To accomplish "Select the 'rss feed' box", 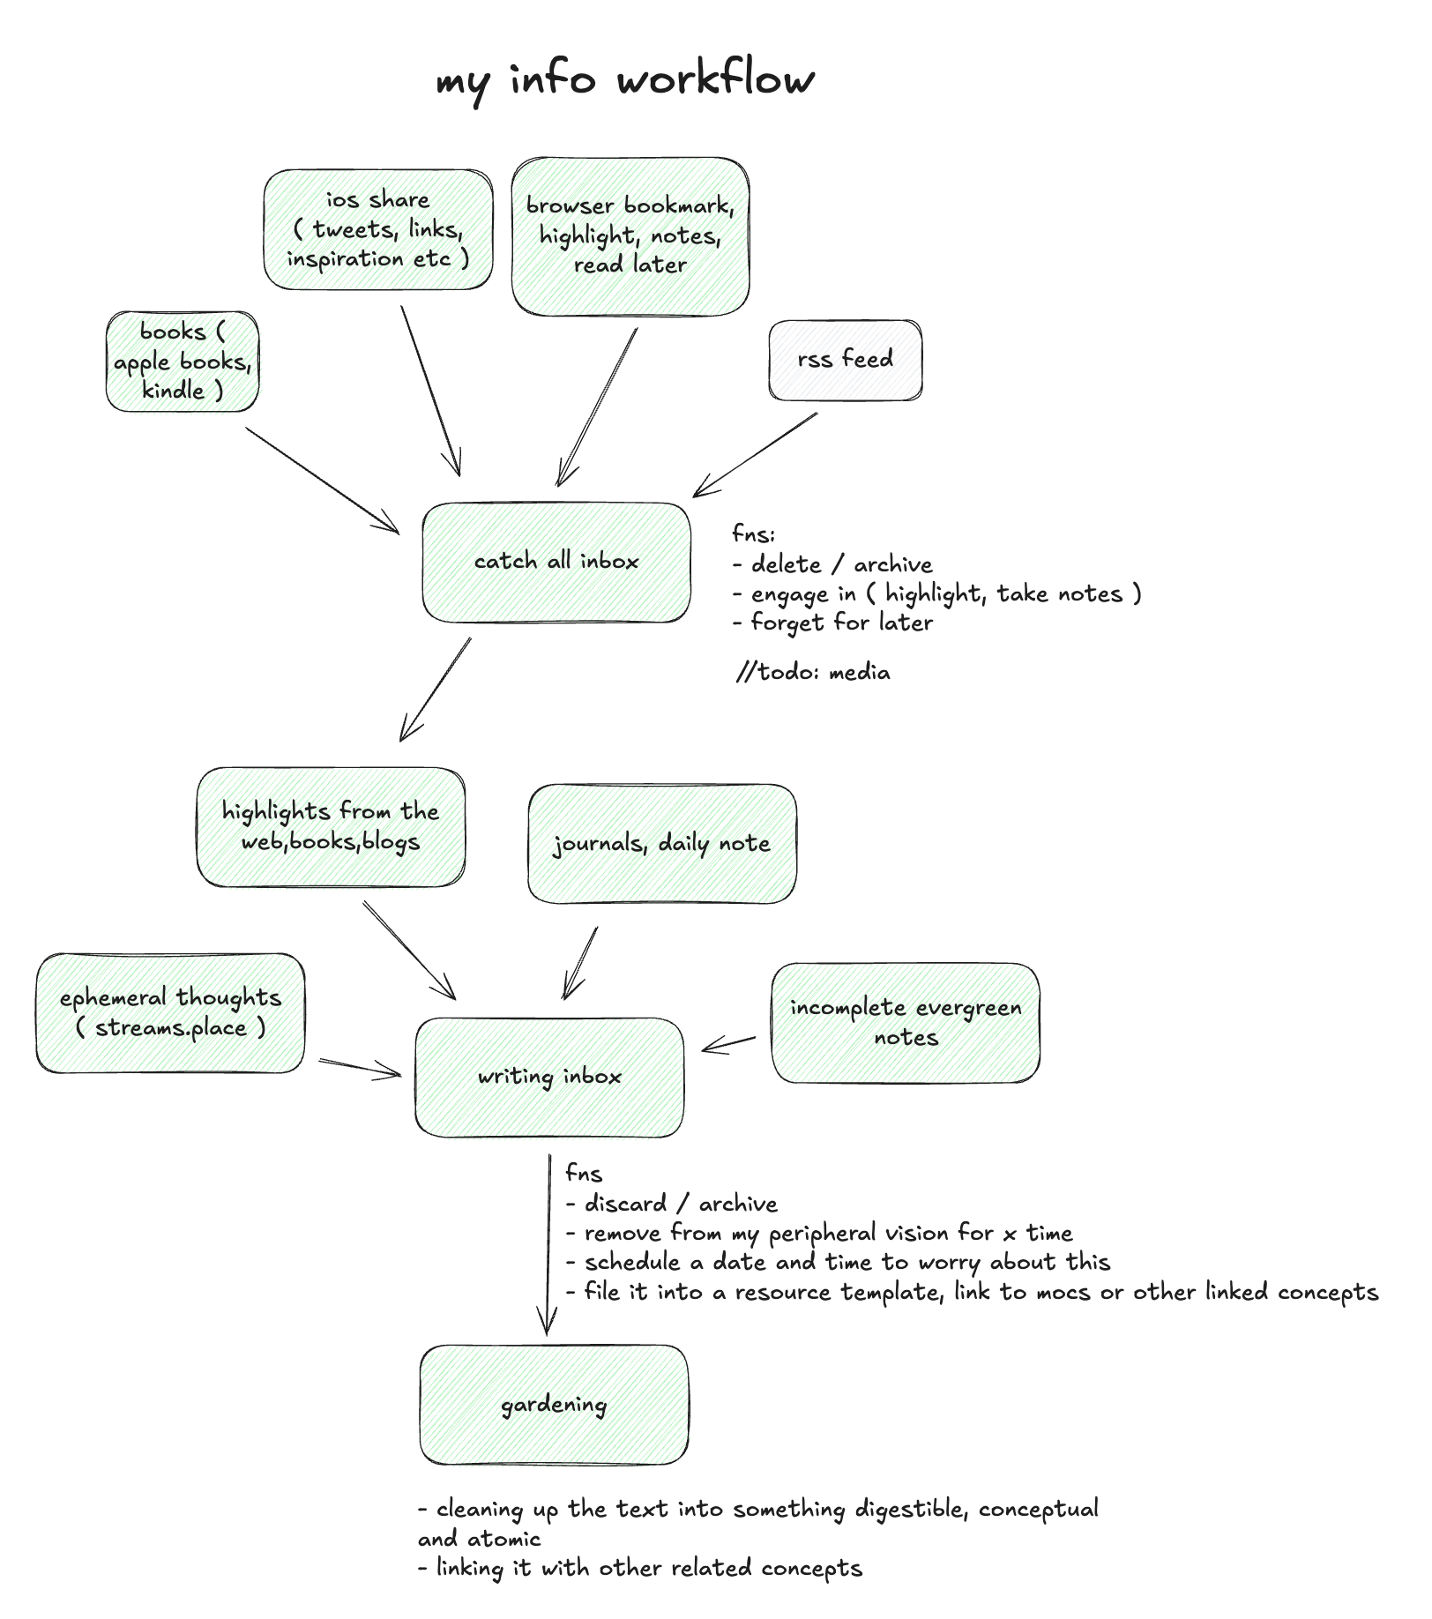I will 845,360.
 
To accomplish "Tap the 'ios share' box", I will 377,229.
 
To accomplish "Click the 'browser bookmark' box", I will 630,235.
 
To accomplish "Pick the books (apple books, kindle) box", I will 183,362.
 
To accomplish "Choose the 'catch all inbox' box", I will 556,562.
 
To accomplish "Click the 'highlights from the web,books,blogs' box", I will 331,826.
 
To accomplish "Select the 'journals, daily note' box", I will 661,843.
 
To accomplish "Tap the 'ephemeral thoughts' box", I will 170,1012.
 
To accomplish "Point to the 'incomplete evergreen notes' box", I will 906,1022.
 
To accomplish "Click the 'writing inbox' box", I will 549,1077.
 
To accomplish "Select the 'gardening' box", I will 554,1405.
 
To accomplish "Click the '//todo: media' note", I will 813,673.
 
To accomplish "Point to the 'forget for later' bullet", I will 834,623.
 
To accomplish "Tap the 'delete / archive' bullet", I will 834,564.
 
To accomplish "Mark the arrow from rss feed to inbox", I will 757,455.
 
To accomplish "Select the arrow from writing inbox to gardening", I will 548,1243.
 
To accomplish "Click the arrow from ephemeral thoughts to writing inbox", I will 360,1068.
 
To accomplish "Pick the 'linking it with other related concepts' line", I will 641,1568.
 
